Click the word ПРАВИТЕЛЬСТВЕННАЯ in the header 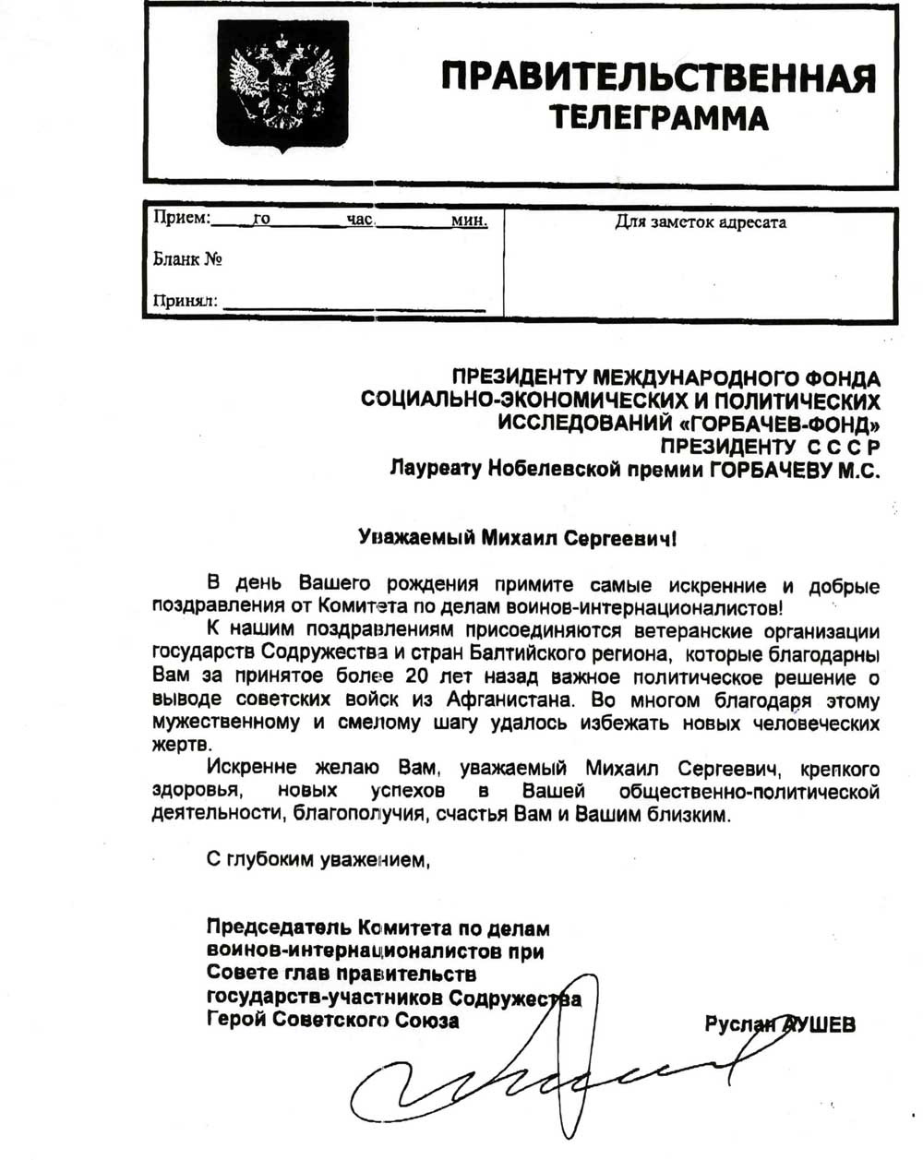click(658, 77)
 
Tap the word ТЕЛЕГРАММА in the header click(658, 118)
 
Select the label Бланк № click(187, 259)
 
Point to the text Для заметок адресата click(701, 222)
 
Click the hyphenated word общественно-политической click(749, 792)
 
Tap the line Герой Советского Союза click(332, 1022)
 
